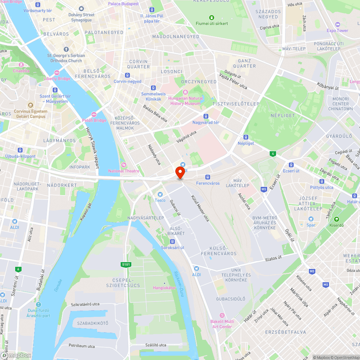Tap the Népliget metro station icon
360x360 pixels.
246,137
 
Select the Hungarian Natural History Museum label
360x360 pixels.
185,101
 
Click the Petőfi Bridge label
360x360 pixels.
94,120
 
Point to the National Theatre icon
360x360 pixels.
124,165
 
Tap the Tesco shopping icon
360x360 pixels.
160,194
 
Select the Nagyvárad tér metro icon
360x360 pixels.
206,116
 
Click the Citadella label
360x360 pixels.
21,71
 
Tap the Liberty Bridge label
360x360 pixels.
57,78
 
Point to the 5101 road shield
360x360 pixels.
126,265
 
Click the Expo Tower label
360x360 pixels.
337,31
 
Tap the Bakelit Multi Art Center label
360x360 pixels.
221,324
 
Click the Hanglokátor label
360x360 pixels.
164,288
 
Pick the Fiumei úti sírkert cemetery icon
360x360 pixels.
212,17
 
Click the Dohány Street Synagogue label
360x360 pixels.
81,17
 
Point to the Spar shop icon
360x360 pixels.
311,219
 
